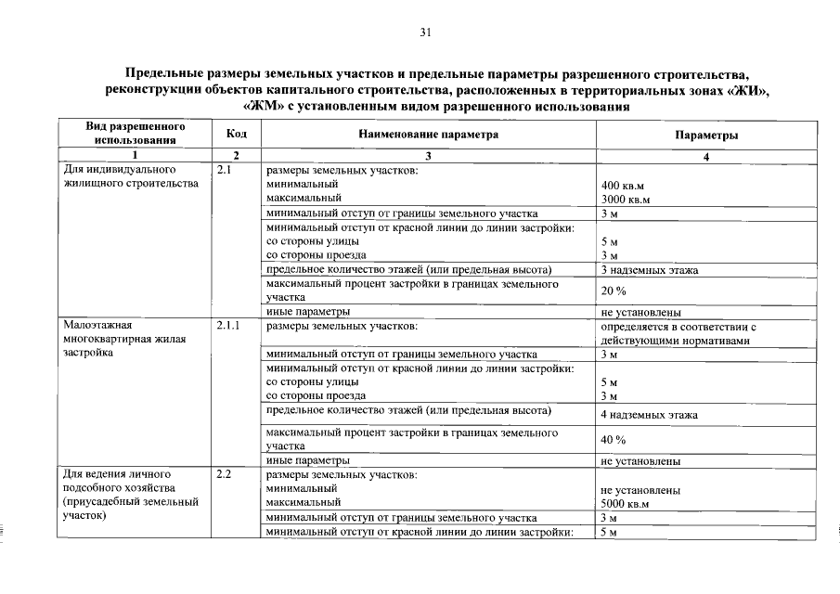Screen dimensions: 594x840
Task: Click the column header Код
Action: pos(236,134)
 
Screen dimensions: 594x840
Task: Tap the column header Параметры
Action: pos(706,135)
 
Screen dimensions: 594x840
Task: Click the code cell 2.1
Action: pos(224,171)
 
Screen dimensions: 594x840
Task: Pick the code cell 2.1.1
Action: pos(227,327)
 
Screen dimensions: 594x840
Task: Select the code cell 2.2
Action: pos(224,474)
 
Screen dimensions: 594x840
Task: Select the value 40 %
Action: pos(614,439)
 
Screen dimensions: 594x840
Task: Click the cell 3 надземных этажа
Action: pos(649,270)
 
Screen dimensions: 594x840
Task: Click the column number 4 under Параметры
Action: pos(706,157)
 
